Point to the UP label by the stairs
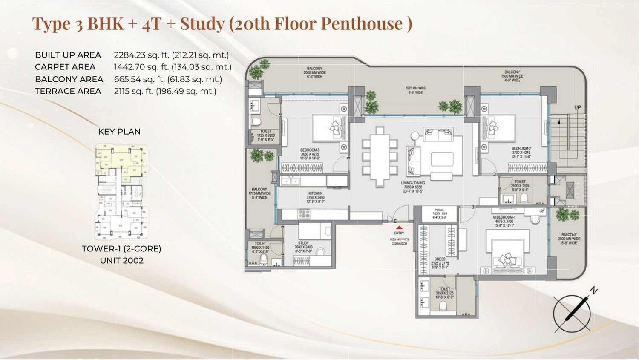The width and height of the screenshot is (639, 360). pos(577,108)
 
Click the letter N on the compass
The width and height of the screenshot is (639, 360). pos(594,291)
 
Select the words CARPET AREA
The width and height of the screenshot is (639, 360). pos(65,67)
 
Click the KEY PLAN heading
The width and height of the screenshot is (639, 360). pos(119,132)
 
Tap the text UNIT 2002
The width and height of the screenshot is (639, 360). pos(121,260)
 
